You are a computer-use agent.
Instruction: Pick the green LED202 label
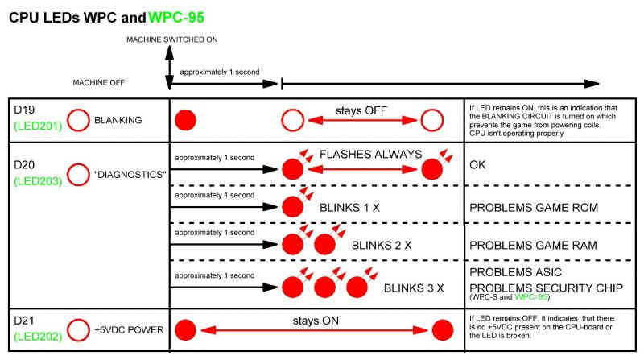pyautogui.click(x=36, y=337)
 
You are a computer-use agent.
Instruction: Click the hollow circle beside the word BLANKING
pyautogui.click(x=77, y=121)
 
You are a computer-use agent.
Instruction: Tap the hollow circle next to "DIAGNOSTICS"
pyautogui.click(x=77, y=173)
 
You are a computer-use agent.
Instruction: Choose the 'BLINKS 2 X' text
pyautogui.click(x=380, y=244)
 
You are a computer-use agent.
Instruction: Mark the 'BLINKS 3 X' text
pyautogui.click(x=414, y=288)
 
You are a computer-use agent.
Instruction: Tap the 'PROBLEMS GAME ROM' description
pyautogui.click(x=534, y=208)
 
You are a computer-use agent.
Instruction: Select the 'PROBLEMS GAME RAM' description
pyautogui.click(x=534, y=244)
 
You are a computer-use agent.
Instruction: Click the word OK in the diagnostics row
pyautogui.click(x=479, y=168)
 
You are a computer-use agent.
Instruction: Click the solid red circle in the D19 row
pyautogui.click(x=186, y=120)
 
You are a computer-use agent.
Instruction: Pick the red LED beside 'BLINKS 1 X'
pyautogui.click(x=292, y=205)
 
